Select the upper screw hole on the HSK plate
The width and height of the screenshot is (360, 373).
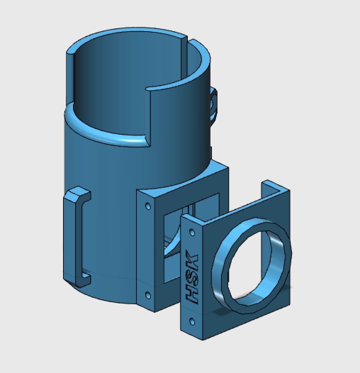tap(192, 233)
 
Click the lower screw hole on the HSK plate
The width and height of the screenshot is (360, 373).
tap(192, 322)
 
